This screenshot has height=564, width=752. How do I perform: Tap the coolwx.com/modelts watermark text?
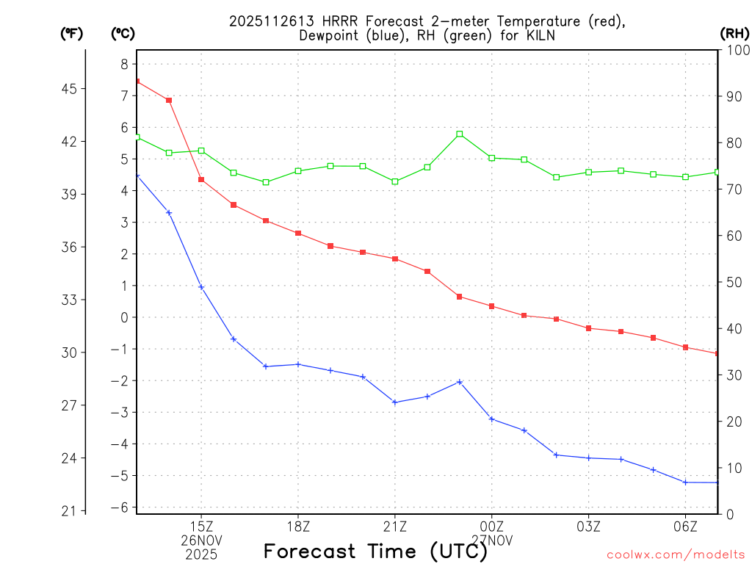(676, 554)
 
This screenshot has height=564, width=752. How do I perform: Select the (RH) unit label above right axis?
(734, 33)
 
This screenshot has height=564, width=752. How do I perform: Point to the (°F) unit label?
(72, 33)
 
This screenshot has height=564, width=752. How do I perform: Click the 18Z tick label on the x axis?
(298, 526)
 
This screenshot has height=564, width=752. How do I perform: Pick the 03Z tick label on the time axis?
(588, 526)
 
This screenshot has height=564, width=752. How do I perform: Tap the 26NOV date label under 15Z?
(201, 540)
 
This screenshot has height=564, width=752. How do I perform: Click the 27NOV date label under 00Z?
(492, 540)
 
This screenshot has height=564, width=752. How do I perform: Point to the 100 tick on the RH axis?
(736, 50)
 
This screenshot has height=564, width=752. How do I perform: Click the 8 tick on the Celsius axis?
(124, 64)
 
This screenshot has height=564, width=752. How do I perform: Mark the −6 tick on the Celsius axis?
(120, 507)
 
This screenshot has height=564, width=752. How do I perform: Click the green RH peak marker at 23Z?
(460, 134)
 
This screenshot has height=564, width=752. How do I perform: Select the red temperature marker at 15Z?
(201, 179)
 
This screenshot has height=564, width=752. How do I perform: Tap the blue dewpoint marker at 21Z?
(395, 402)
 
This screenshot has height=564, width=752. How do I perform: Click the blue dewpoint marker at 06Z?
(685, 482)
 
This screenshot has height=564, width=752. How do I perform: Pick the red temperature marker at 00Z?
(492, 306)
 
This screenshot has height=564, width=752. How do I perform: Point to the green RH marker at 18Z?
(298, 171)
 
